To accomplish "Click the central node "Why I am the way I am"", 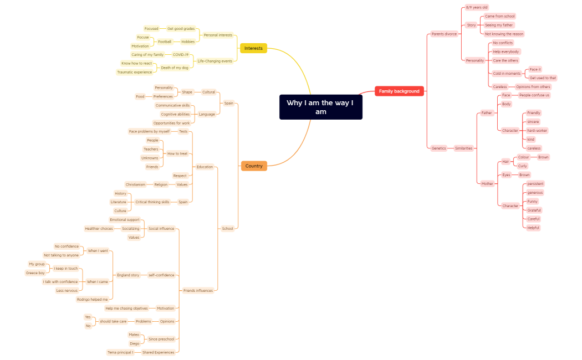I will (320, 107).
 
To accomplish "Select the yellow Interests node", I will (253, 48).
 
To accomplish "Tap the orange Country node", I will (254, 166).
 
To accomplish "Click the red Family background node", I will (399, 91).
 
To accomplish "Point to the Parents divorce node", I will (444, 34).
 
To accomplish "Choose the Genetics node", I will (438, 148).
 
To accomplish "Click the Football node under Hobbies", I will (165, 42).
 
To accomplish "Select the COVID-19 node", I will (181, 55).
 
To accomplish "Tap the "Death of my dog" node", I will (175, 68).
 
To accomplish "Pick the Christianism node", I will (135, 184).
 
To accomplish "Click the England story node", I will (128, 275).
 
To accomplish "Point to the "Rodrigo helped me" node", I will (93, 299).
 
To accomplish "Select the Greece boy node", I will (35, 272).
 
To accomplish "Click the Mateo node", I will (134, 335).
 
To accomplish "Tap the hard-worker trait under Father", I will (537, 131).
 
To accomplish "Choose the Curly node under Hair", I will (523, 166).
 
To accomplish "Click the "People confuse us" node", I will (534, 95).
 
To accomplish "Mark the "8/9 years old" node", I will (477, 8).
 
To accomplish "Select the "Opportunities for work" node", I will (172, 123).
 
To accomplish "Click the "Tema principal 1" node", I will (120, 352).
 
